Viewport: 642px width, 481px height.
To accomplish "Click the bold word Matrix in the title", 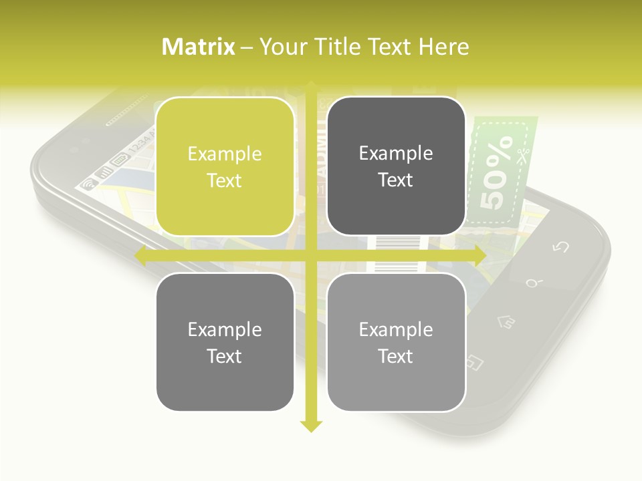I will (x=199, y=47).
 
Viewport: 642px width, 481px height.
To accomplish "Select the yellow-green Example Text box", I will (x=225, y=166).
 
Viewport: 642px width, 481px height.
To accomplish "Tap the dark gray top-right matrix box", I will (x=396, y=166).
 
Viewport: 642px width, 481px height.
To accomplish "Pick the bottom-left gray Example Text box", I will (x=225, y=342).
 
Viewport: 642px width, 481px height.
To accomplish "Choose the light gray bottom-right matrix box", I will (x=396, y=342).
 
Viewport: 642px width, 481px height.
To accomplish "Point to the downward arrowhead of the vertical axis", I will (x=311, y=426).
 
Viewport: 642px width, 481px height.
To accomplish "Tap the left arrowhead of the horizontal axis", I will (x=141, y=255).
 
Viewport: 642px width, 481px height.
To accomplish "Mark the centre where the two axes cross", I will (x=311, y=255).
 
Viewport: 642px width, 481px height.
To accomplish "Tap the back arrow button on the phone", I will (x=560, y=247).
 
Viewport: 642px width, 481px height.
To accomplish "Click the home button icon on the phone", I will (x=506, y=323).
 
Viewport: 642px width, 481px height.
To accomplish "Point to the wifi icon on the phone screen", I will (x=87, y=184).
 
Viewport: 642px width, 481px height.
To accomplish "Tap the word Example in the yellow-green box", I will (x=225, y=154).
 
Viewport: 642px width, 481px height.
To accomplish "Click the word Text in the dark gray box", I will (x=396, y=180).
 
